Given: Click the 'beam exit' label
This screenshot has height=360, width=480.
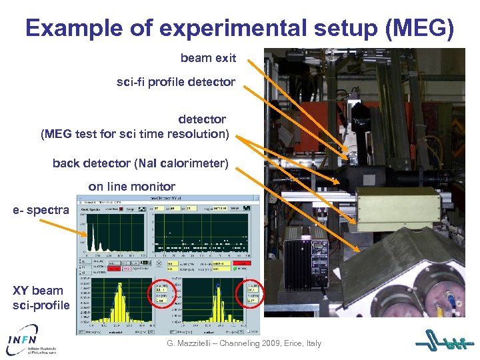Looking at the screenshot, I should (x=208, y=58).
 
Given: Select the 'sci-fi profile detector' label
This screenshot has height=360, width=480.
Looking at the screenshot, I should (x=176, y=82).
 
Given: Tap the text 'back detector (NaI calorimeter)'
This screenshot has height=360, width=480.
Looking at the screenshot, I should (x=140, y=163).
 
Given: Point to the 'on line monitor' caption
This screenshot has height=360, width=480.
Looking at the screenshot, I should (x=131, y=187).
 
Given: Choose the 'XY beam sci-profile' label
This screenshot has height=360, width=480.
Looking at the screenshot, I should (x=41, y=298).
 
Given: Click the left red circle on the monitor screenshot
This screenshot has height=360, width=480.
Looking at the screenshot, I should (x=161, y=293).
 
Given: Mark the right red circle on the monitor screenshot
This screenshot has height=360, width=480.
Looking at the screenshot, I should (x=251, y=293).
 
